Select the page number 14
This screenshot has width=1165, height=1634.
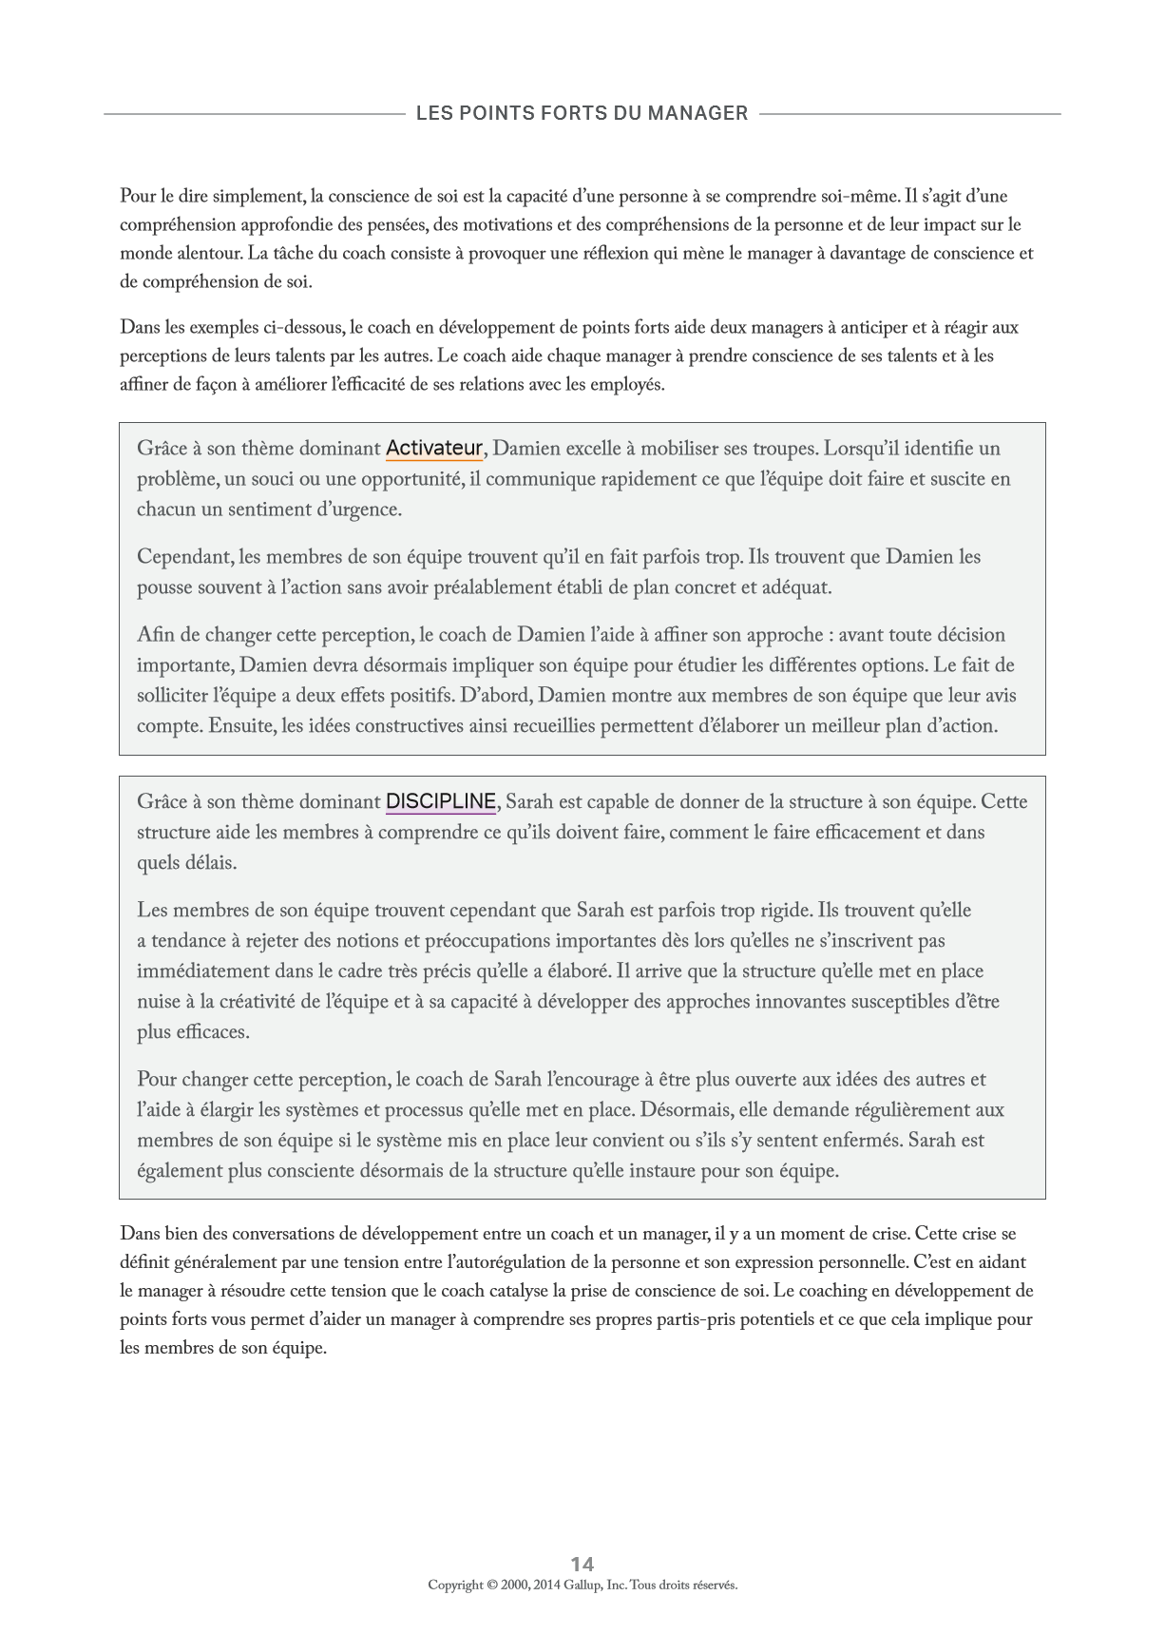click(582, 1564)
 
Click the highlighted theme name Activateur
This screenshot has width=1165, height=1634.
click(434, 448)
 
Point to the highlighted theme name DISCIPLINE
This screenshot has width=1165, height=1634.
click(441, 801)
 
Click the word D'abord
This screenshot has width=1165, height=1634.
click(496, 696)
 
